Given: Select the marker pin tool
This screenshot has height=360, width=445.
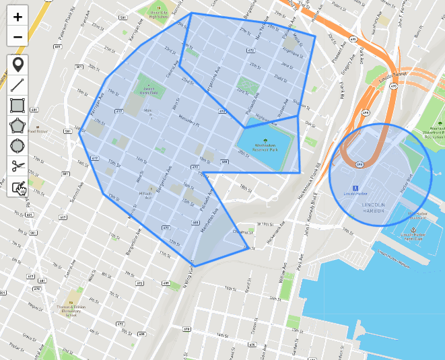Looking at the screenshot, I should (x=18, y=65).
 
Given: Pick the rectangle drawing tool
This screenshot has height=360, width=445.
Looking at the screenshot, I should (x=18, y=105).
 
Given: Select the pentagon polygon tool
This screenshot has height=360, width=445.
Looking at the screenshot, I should (x=18, y=125).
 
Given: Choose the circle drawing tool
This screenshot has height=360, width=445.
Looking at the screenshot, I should (x=18, y=145).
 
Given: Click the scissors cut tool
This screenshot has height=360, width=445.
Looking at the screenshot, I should (x=18, y=166).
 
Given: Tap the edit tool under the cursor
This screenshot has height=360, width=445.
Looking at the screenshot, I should (x=18, y=186).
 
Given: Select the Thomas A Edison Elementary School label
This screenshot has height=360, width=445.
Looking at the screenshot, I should (x=70, y=310).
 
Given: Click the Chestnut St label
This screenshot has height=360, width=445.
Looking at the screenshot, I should (x=241, y=232).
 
